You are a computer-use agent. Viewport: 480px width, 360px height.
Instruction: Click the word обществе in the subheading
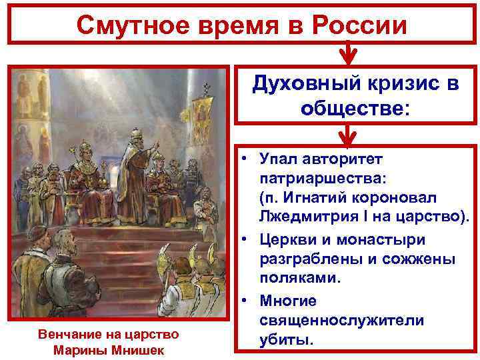[x=355, y=107]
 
